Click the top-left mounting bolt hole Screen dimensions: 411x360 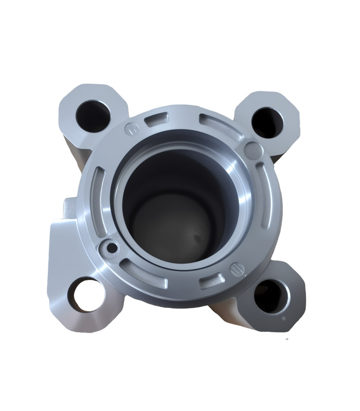click(92, 114)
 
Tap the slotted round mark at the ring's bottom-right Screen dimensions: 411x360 click(237, 269)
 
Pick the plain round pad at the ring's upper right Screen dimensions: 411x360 click(253, 150)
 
